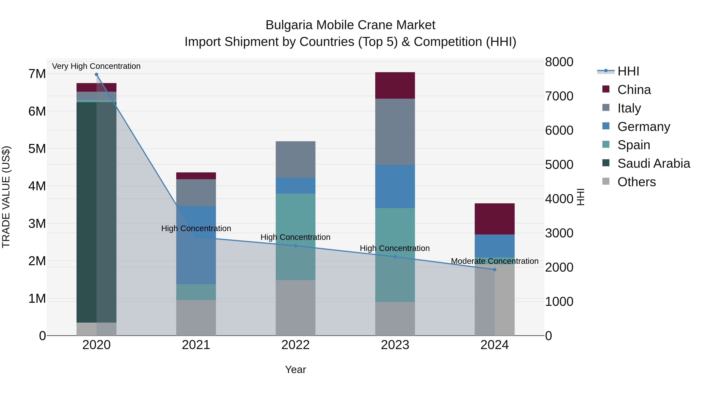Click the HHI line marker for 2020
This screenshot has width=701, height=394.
[96, 75]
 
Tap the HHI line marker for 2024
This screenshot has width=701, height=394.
[494, 269]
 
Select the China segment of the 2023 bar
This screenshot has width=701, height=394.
[395, 85]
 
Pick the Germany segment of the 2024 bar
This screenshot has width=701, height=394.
[494, 246]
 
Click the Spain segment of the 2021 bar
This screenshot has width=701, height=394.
[196, 292]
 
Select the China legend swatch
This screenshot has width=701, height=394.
[606, 89]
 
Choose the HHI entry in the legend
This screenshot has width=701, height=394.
[628, 71]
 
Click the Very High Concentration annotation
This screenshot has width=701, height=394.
[96, 66]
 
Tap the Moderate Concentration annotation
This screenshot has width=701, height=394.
[494, 261]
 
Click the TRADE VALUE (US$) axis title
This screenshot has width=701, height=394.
[6, 197]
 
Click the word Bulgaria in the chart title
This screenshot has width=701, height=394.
[289, 25]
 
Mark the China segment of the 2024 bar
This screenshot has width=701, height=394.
[494, 219]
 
